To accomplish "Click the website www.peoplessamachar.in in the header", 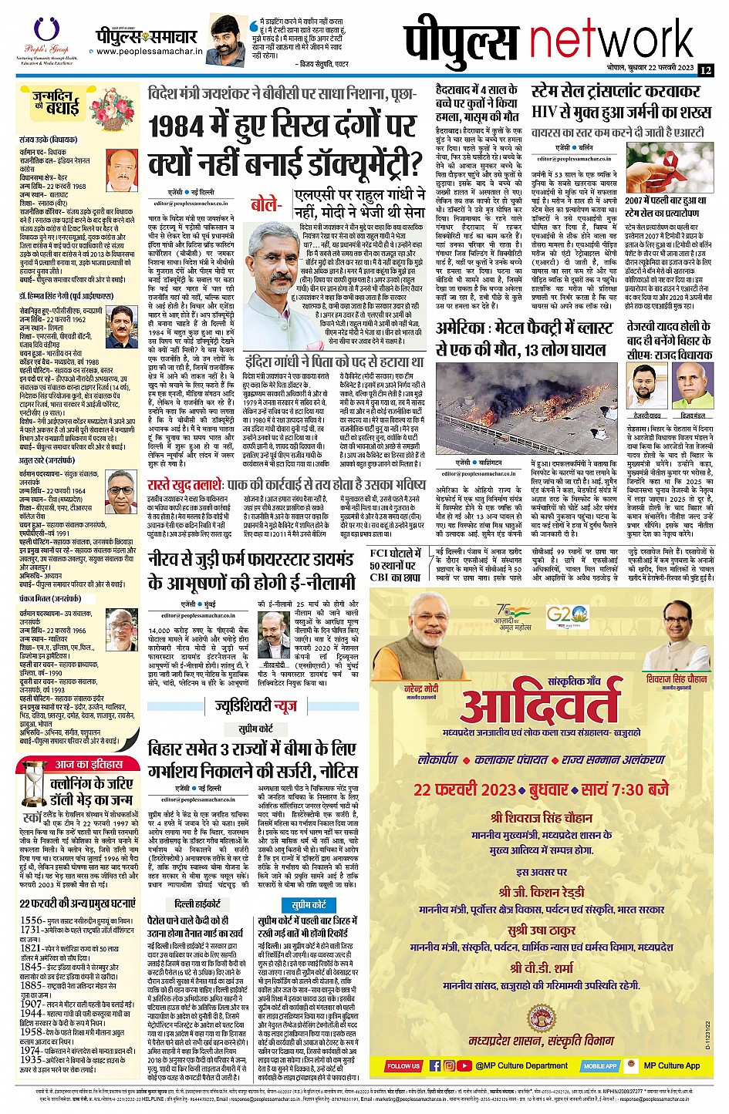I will (149, 53).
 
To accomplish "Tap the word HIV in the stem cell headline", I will (545, 112).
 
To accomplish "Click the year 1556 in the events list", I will (31, 920).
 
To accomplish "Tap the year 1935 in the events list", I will (31, 1060).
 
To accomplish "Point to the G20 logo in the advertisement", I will (562, 618).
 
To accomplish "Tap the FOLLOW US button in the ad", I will (403, 1066).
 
